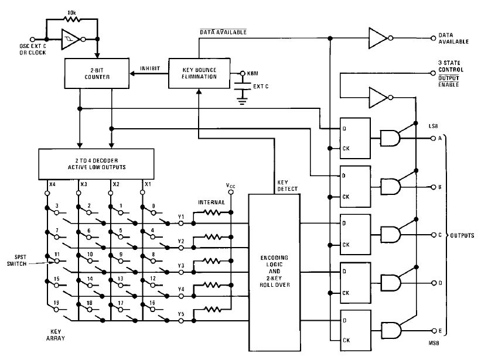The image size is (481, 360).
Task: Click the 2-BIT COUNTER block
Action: click(x=97, y=74)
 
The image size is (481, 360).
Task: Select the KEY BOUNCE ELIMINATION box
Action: click(x=199, y=73)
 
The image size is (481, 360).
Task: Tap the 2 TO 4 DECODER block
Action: click(x=96, y=164)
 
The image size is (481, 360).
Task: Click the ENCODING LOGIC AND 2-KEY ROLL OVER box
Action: click(x=274, y=272)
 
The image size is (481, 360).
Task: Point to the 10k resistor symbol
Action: click(x=72, y=19)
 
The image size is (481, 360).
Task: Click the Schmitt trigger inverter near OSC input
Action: click(x=71, y=39)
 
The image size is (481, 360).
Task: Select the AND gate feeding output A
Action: click(x=390, y=138)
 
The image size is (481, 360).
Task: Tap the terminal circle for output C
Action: click(x=434, y=235)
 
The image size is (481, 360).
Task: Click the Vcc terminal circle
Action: click(x=231, y=192)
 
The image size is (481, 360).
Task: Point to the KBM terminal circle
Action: click(x=243, y=73)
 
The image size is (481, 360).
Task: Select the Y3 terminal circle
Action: click(x=181, y=272)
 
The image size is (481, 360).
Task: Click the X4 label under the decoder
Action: click(x=52, y=184)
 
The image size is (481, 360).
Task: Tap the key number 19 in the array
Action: click(x=56, y=303)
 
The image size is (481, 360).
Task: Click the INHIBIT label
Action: click(x=150, y=68)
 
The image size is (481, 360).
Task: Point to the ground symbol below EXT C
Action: click(x=243, y=101)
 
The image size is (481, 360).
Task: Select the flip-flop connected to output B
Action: click(x=355, y=186)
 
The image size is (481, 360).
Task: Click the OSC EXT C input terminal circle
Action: click(x=32, y=39)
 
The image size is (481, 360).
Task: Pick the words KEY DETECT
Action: click(x=288, y=186)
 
